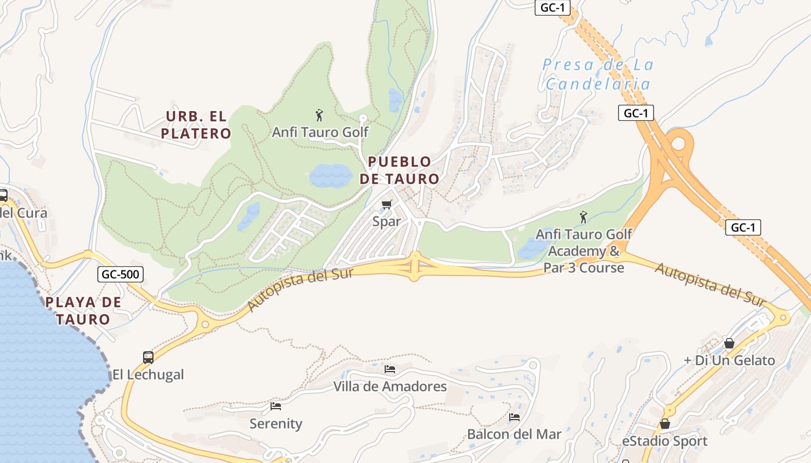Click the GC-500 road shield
click(x=120, y=274)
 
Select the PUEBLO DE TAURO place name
click(x=399, y=170)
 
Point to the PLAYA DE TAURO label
click(x=83, y=310)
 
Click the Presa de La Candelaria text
click(x=598, y=74)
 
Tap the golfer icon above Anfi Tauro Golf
click(x=319, y=116)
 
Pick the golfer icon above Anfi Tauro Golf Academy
click(x=583, y=217)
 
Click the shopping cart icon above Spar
click(x=387, y=204)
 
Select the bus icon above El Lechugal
click(x=148, y=357)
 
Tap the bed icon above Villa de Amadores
click(x=390, y=369)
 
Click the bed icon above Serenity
click(x=276, y=406)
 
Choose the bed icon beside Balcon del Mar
click(x=514, y=417)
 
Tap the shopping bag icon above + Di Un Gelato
click(x=729, y=343)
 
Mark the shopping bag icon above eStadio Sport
click(x=665, y=424)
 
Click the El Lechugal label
click(x=148, y=374)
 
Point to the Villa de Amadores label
click(x=390, y=386)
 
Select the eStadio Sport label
click(x=664, y=441)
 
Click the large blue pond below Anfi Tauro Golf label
click(x=330, y=175)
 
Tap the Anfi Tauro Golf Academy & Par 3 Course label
click(x=584, y=251)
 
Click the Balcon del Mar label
click(x=514, y=434)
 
